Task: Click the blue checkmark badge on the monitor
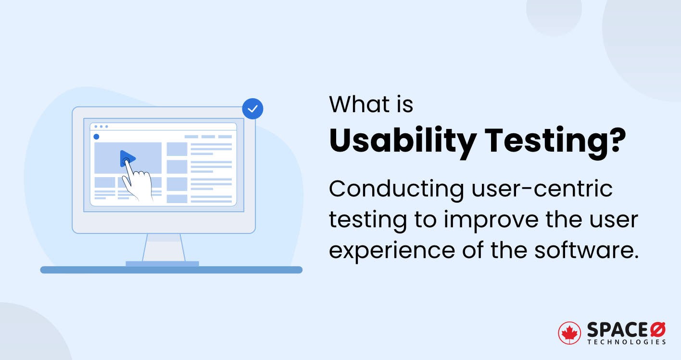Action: click(252, 109)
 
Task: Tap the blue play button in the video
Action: click(127, 158)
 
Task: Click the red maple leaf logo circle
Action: click(569, 333)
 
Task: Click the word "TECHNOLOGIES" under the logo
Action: click(626, 342)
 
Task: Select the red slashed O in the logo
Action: click(657, 330)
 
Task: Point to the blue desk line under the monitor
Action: click(171, 270)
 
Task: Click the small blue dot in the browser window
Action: click(96, 137)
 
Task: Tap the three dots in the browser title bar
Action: click(101, 127)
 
